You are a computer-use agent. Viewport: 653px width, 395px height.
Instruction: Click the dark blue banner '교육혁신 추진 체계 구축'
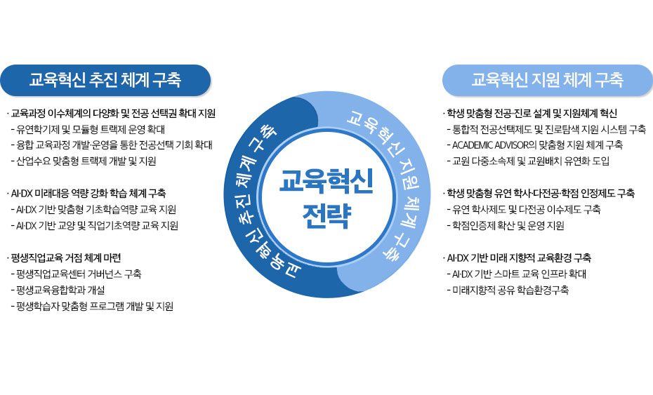coord(105,80)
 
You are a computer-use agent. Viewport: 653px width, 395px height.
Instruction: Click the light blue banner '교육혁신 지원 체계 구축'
coord(547,80)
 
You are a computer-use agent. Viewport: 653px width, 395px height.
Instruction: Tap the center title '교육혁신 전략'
coord(326,196)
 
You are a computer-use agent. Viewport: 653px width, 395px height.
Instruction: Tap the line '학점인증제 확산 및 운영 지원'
coord(506,225)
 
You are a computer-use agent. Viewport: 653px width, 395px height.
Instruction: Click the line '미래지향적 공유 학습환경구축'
coord(510,290)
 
